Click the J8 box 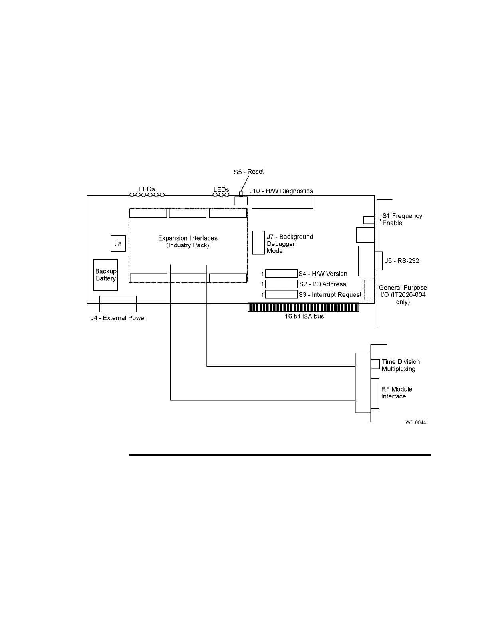pyautogui.click(x=118, y=244)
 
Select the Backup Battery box pyautogui.click(x=105, y=275)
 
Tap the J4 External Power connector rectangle pyautogui.click(x=118, y=304)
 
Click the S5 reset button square pyautogui.click(x=241, y=194)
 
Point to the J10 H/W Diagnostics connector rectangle pyautogui.click(x=282, y=203)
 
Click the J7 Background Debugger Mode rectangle pyautogui.click(x=258, y=243)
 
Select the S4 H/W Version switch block pyautogui.click(x=281, y=274)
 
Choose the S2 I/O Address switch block pyautogui.click(x=281, y=284)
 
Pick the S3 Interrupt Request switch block pyautogui.click(x=281, y=294)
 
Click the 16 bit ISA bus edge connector pyautogui.click(x=303, y=307)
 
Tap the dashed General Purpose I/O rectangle pyautogui.click(x=369, y=290)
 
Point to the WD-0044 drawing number pyautogui.click(x=415, y=422)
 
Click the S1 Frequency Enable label pyautogui.click(x=402, y=219)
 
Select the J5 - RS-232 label pyautogui.click(x=402, y=261)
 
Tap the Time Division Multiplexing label pyautogui.click(x=401, y=365)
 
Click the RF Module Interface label pyautogui.click(x=397, y=393)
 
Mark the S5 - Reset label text pyautogui.click(x=249, y=172)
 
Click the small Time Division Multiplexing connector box pyautogui.click(x=375, y=364)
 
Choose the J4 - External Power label pyautogui.click(x=118, y=318)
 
